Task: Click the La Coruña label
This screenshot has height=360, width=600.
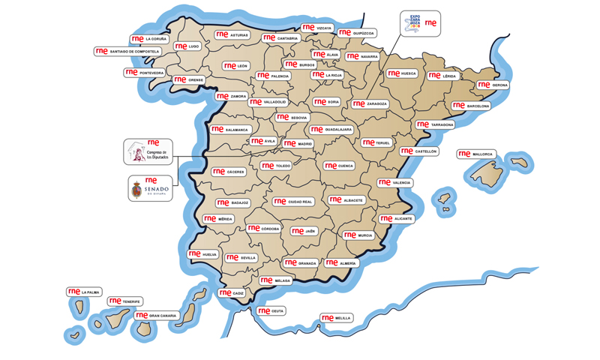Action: (149, 39)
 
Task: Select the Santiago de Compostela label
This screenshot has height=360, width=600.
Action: (127, 52)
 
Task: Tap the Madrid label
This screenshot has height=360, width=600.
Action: (298, 143)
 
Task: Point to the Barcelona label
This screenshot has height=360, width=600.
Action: (470, 106)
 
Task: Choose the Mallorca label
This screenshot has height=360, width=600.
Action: (475, 154)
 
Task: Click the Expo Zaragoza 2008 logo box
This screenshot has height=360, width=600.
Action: (421, 23)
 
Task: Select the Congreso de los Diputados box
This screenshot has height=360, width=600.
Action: (148, 151)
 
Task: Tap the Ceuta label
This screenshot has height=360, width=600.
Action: (271, 310)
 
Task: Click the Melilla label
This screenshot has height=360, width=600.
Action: (335, 318)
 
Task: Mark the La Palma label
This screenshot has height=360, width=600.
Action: (84, 292)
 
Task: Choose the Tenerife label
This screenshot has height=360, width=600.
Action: (124, 301)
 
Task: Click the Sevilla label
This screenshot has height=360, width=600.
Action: (241, 257)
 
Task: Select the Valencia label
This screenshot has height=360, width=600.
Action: (394, 182)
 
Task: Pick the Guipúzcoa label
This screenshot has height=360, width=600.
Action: (356, 33)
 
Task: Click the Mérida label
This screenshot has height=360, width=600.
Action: (218, 219)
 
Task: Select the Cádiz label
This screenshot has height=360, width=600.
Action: (232, 293)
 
